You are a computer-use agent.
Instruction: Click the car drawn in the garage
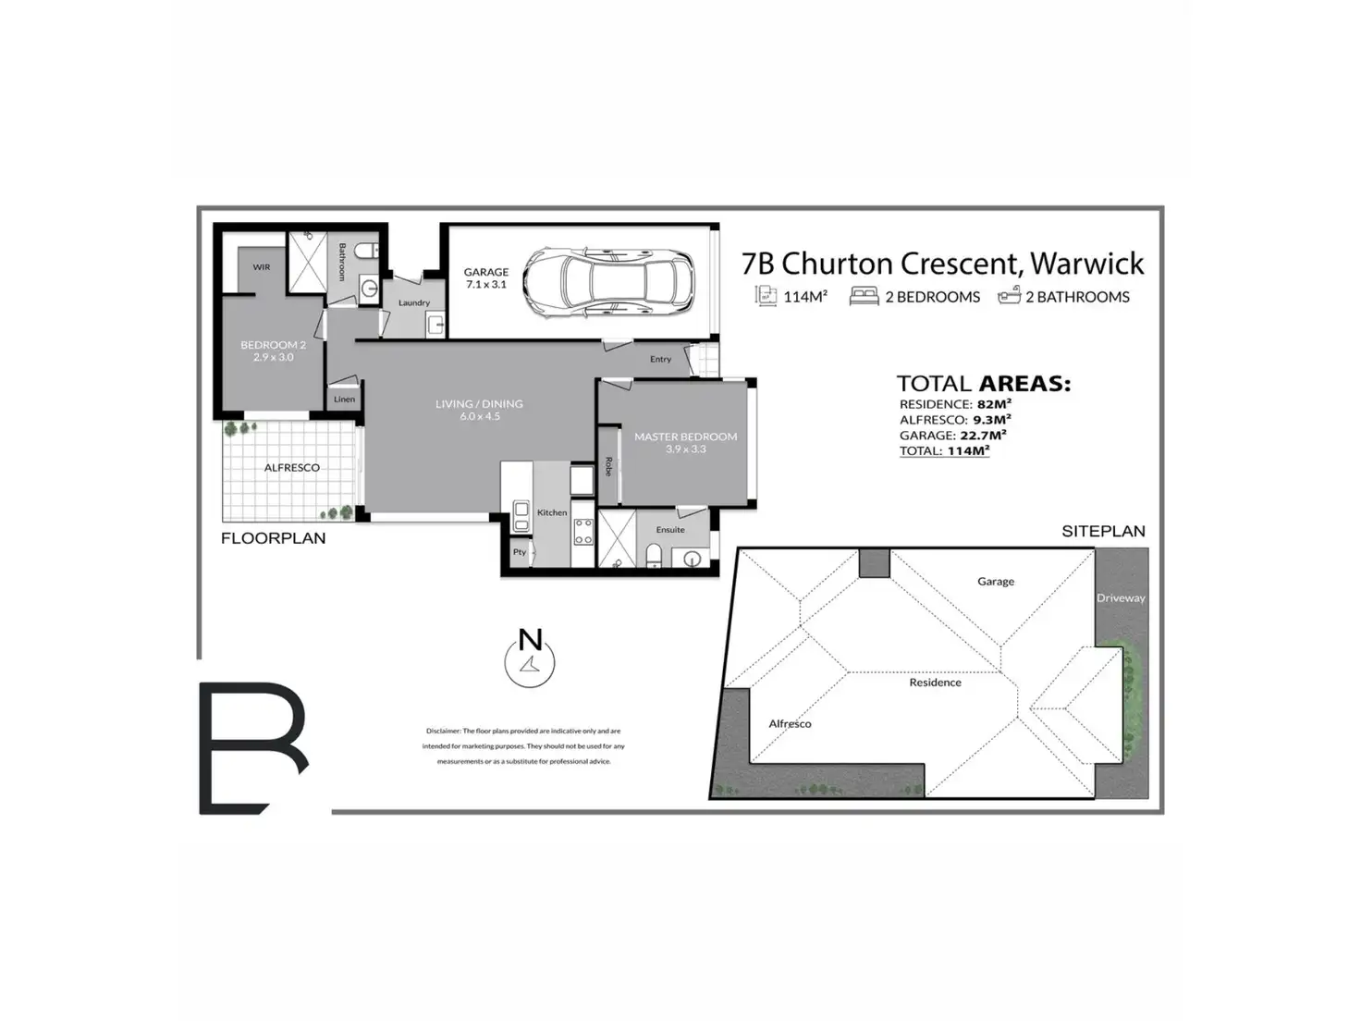(x=607, y=284)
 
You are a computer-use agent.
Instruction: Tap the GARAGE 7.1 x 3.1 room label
(x=486, y=278)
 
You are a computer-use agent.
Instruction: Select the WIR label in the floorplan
(x=262, y=267)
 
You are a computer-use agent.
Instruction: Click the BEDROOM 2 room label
(x=273, y=351)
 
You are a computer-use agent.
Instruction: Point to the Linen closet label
(x=344, y=400)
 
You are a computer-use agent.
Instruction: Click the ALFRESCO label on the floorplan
(x=292, y=468)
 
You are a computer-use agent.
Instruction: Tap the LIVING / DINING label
(x=479, y=410)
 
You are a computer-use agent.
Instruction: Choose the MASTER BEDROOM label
(x=685, y=442)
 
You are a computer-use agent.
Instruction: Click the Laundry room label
(x=414, y=302)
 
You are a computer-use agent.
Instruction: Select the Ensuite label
(x=670, y=530)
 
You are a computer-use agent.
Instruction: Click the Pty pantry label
(x=520, y=552)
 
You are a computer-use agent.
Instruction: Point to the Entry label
(x=660, y=359)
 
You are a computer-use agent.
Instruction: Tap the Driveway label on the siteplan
(x=1121, y=598)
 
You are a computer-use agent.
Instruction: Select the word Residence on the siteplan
(x=935, y=683)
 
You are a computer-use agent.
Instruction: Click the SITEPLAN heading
(x=1103, y=531)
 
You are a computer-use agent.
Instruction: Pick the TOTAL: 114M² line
(x=944, y=451)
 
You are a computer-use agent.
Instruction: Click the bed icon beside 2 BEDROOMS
(x=864, y=296)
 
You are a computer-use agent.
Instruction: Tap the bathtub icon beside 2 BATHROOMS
(x=1009, y=296)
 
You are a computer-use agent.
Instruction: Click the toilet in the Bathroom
(x=366, y=250)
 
